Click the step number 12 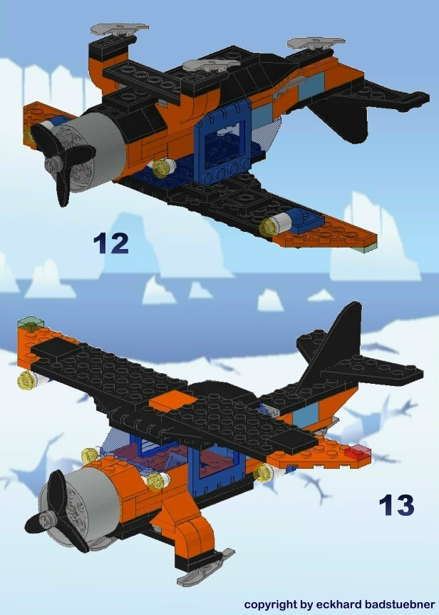coord(110,243)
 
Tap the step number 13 coord(396,504)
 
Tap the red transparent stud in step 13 coord(358,452)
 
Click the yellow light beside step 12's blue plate coord(269,227)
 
